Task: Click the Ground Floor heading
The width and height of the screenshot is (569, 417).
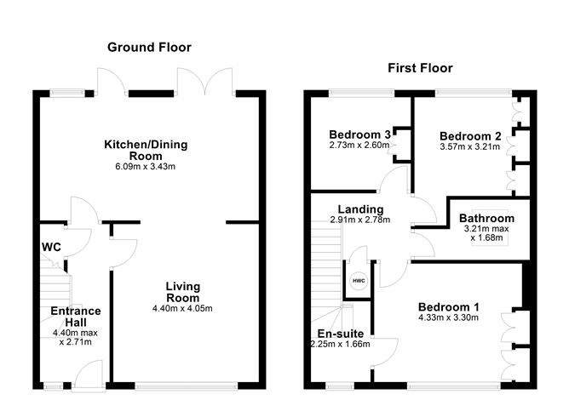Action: click(149, 48)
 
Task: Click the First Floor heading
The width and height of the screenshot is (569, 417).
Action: click(420, 68)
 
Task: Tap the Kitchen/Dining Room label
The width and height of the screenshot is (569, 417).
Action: click(146, 151)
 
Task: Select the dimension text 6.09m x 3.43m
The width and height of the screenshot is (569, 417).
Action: click(146, 167)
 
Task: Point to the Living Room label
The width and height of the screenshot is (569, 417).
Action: click(182, 292)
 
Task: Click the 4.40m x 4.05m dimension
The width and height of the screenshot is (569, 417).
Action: click(182, 308)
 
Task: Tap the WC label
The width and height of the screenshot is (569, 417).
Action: click(51, 247)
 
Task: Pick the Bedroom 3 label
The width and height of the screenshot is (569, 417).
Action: click(359, 134)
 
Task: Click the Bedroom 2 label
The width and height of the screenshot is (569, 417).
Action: click(469, 136)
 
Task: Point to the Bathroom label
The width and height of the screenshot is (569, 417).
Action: click(486, 218)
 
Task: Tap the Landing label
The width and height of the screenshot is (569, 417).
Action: click(360, 209)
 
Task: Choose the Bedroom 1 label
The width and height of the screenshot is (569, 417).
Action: click(448, 307)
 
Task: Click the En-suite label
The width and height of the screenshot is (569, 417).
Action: click(341, 334)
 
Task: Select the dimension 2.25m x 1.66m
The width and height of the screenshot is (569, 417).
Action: click(342, 346)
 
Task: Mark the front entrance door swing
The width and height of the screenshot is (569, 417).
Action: click(88, 374)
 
